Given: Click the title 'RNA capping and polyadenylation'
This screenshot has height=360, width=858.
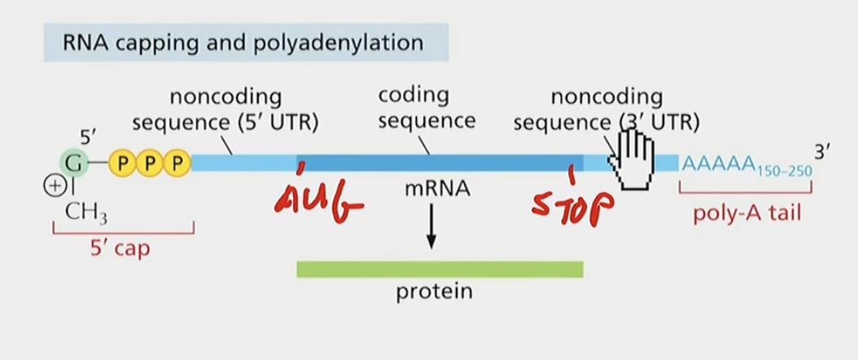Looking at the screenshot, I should coord(243,42).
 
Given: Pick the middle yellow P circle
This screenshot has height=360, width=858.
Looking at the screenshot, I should coord(149,164).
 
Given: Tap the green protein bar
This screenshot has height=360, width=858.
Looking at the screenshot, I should coord(440,269).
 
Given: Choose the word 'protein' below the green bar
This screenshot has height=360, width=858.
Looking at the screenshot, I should coord(434,292).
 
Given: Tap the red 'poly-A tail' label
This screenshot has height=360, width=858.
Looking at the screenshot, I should coord(745,213).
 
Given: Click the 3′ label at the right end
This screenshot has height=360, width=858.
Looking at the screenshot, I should coord(824,151).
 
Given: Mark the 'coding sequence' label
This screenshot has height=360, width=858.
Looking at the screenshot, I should coord(425,108).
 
